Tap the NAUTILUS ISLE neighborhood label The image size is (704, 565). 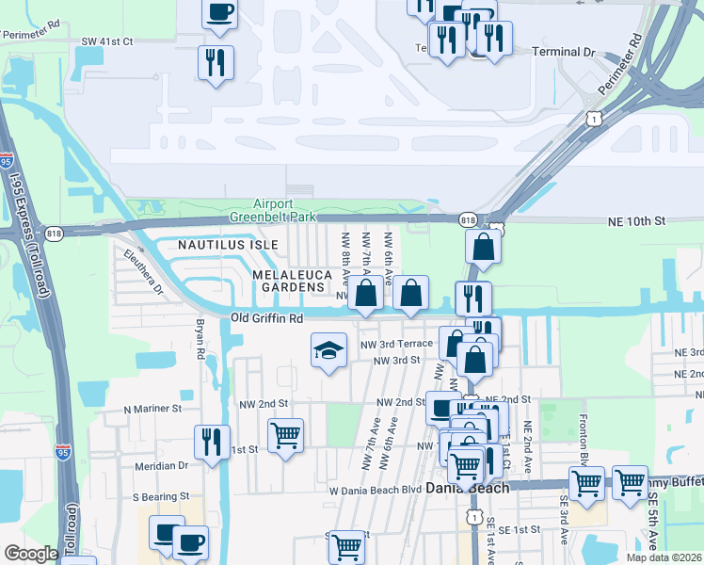(x=229, y=245)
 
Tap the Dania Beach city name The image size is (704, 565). (x=467, y=488)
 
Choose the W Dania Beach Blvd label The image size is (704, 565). (x=375, y=490)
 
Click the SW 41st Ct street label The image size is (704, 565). (x=107, y=41)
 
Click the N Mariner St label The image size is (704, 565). (x=152, y=410)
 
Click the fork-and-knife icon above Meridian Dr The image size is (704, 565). (x=211, y=441)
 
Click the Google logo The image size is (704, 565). (x=31, y=554)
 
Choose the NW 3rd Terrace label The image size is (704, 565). (x=396, y=344)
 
